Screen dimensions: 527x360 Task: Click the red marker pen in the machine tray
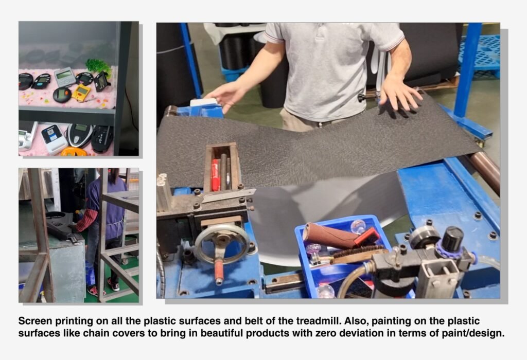pyautogui.click(x=215, y=175)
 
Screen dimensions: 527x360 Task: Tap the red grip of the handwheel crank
pyautogui.click(x=219, y=272)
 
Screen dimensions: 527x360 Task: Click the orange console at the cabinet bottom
pyautogui.click(x=74, y=151)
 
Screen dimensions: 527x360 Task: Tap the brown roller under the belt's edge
pyautogui.click(x=484, y=171)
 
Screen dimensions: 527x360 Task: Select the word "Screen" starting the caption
pyautogui.click(x=36, y=321)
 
